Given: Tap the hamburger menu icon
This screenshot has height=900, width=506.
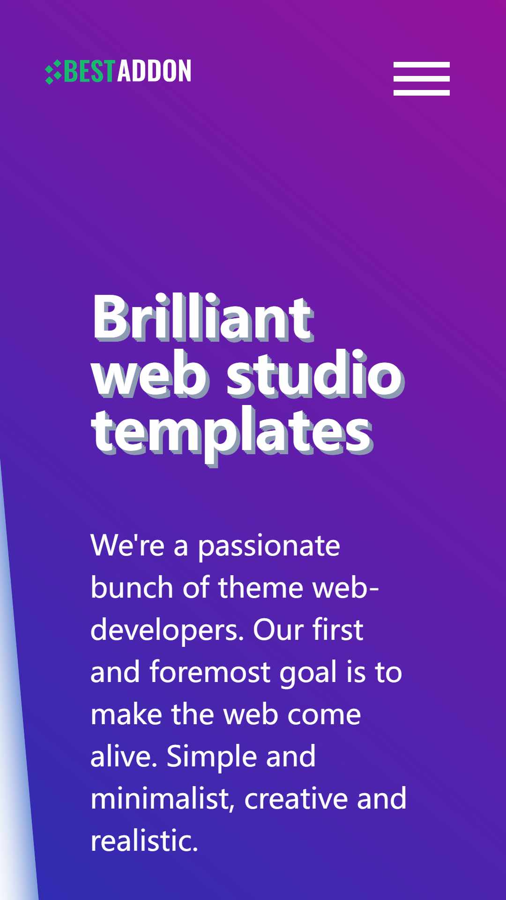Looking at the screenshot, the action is coord(422,79).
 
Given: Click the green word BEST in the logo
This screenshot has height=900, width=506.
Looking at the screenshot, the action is coord(89,71).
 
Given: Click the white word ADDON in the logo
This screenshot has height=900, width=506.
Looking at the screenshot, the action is coord(154,71).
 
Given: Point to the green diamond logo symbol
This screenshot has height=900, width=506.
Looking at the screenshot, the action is coord(53,72).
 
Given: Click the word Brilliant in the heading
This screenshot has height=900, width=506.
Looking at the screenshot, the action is coord(203,317).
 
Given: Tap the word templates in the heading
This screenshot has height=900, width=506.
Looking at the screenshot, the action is coord(232,435).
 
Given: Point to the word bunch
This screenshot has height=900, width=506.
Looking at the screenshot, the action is coord(132,587).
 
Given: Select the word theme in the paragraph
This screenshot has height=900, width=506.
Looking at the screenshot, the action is coord(260,587).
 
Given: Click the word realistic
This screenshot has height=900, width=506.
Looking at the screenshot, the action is coord(144,841).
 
